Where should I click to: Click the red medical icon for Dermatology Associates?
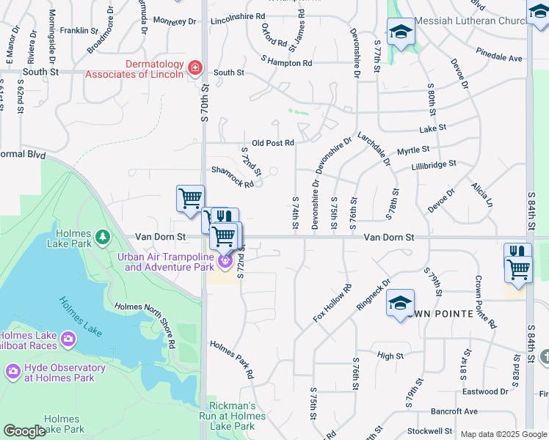[195, 68]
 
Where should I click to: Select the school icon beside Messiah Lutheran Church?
[401, 32]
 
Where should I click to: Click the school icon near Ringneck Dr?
[401, 303]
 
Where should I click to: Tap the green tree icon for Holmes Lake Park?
[103, 235]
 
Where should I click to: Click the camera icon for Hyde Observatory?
[12, 372]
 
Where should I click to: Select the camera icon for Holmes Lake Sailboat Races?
[68, 338]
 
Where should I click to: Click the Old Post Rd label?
[272, 143]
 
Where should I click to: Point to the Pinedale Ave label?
[498, 57]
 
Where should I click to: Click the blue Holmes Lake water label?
[81, 315]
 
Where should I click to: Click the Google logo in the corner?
[24, 431]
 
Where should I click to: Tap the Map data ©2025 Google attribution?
[503, 434]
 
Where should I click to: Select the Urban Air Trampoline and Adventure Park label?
[168, 261]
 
